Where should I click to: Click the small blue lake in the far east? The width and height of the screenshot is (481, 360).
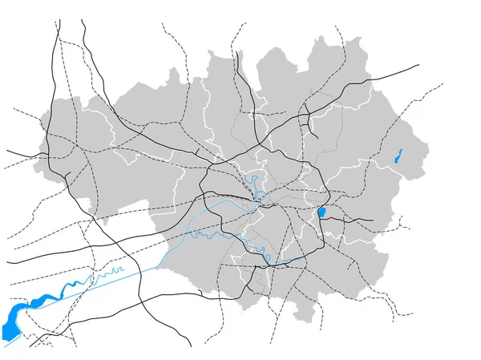point(398,156)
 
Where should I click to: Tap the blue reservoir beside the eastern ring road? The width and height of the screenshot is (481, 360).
point(321,212)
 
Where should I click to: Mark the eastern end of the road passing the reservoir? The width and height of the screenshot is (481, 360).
point(373,220)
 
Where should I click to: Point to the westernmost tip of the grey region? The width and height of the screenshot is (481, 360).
point(34,171)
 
